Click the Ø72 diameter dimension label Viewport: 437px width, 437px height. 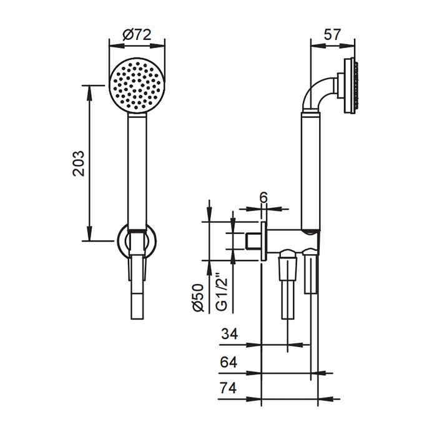click(x=137, y=35)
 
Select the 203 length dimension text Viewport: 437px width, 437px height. click(x=78, y=164)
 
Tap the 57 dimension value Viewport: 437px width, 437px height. click(x=332, y=34)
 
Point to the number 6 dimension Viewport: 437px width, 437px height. click(x=263, y=198)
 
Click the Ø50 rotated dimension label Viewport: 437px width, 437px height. click(x=199, y=298)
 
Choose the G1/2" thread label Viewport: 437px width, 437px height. click(x=222, y=295)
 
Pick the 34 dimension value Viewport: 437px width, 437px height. click(x=230, y=333)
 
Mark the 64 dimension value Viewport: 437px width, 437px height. click(x=228, y=362)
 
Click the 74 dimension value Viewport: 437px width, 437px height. click(x=228, y=388)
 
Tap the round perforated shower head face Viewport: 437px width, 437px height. click(x=137, y=86)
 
